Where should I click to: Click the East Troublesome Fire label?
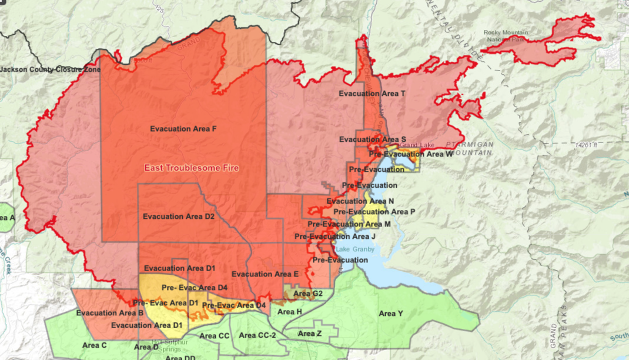pos(192,168)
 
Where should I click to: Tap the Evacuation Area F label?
pos(183,129)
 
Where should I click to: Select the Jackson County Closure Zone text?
pos(51,69)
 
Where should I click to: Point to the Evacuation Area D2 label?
pos(178,216)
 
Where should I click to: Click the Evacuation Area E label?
pos(265,274)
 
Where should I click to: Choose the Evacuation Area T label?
pos(372,94)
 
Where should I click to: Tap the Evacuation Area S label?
pos(372,139)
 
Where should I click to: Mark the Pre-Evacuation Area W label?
pos(411,154)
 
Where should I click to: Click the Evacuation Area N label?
pos(360,201)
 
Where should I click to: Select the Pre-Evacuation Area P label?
pos(374,212)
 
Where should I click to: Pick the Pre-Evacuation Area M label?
pos(349,224)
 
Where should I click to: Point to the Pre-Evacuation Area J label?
pos(334,236)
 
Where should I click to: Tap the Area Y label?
pos(391,314)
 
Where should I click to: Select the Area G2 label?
pos(307,294)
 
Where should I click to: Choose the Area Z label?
pos(309,334)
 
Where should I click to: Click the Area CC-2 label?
pos(258,335)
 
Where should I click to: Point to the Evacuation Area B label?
pos(110,313)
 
